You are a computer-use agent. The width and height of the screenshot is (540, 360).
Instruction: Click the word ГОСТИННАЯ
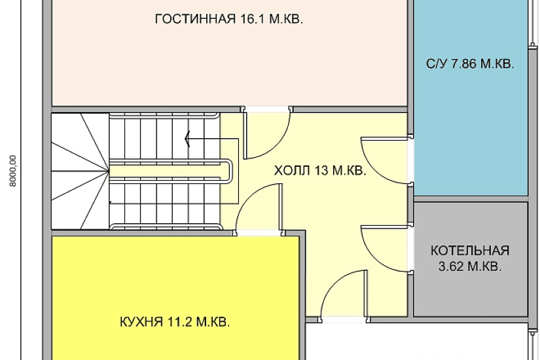tap(195, 19)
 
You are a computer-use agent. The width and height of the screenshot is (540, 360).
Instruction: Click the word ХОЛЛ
tap(293, 170)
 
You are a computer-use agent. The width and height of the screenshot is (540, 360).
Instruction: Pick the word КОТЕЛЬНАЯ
tap(470, 251)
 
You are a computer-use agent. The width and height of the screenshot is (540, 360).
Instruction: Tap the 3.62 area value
tap(452, 266)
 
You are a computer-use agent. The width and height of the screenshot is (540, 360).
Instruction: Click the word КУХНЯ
tap(141, 322)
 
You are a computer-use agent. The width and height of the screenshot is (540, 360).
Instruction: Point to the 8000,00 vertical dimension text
tap(13, 171)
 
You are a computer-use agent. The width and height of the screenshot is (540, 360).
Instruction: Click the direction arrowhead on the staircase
tap(188, 139)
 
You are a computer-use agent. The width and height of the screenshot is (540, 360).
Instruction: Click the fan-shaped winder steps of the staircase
tap(81, 171)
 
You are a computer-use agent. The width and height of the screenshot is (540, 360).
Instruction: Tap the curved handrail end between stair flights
tap(229, 171)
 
